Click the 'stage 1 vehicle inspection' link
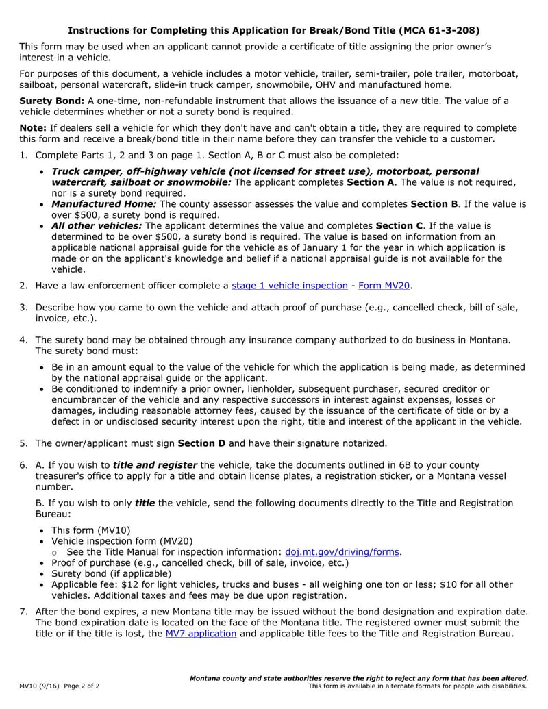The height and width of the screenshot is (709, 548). (x=290, y=286)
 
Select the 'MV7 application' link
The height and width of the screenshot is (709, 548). (x=201, y=634)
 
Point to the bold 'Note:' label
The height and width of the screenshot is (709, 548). (x=33, y=128)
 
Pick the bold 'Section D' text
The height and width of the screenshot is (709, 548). (x=201, y=443)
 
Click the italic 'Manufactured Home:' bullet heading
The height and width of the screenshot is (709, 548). (x=104, y=204)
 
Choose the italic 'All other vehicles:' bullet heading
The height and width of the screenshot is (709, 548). (x=97, y=226)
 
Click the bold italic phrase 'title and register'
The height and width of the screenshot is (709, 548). (x=155, y=465)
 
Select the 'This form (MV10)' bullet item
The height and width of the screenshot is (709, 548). (x=91, y=530)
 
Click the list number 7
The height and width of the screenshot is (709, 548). (x=23, y=612)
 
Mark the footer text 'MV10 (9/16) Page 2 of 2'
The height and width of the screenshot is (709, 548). (x=60, y=686)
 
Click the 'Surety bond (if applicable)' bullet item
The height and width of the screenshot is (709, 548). (x=112, y=573)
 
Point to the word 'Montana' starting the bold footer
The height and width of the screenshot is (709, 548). (x=208, y=678)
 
